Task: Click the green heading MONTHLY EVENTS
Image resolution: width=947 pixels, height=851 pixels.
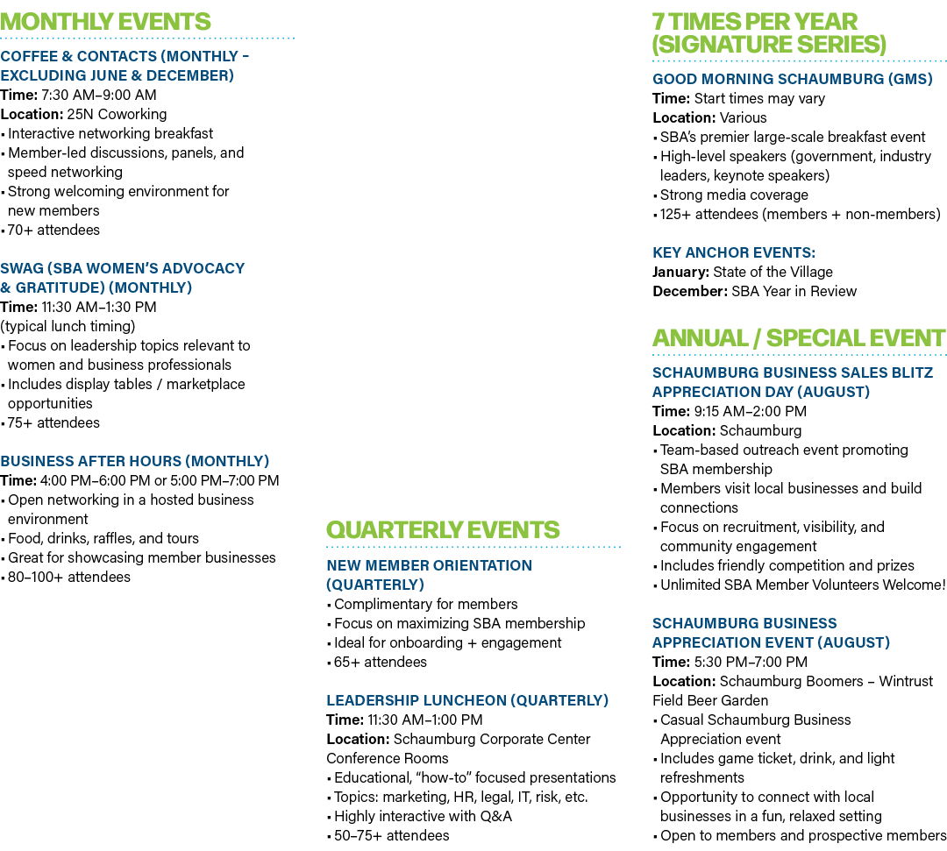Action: point(106,22)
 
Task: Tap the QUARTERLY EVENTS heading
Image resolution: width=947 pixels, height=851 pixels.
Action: point(443,530)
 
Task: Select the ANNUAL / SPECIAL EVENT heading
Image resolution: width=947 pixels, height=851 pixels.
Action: point(799,338)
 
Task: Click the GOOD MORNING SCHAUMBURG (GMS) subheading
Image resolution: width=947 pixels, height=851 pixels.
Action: point(793,79)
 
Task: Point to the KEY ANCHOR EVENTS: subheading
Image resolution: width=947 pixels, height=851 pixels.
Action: point(734,253)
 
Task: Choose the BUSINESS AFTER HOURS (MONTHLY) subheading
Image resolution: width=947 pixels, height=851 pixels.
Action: point(135,461)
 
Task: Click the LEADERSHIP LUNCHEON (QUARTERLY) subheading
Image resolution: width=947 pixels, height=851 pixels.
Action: point(467,700)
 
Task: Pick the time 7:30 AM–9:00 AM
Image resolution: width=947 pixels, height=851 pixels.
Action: point(99,95)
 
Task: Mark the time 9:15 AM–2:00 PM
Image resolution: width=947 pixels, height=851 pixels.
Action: point(751,411)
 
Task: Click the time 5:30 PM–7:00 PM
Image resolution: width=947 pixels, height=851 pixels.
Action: point(751,662)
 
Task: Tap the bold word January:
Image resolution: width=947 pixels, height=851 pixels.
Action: point(680,273)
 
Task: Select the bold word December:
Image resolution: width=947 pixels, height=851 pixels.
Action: point(690,292)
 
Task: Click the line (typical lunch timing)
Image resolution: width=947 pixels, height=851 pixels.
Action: point(68,327)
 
